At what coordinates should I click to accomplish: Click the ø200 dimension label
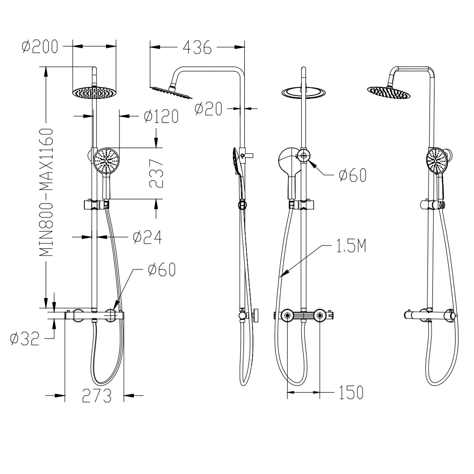[40, 46]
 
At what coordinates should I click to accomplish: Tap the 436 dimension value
[197, 47]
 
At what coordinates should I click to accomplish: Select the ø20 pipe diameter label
[209, 109]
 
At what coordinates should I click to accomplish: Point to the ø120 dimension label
[161, 116]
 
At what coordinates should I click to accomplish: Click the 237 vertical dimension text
[156, 173]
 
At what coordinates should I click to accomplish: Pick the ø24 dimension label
[147, 237]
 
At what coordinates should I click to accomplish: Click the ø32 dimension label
[25, 338]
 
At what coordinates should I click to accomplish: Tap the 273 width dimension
[97, 396]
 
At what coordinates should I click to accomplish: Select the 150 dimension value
[351, 392]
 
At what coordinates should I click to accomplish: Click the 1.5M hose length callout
[351, 246]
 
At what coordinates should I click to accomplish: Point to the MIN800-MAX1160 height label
[46, 193]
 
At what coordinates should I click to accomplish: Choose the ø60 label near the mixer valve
[161, 270]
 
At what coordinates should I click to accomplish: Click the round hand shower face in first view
[106, 161]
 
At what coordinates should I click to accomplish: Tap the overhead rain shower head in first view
[94, 93]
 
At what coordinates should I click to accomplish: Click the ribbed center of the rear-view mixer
[303, 315]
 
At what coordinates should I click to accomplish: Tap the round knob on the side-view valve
[256, 315]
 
